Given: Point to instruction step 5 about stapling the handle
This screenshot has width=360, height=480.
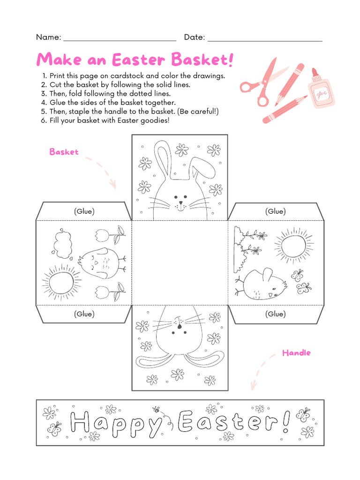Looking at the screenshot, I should (134, 112).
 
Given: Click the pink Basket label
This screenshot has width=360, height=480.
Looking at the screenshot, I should (64, 152).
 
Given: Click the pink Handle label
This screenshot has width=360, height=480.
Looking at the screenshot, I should (296, 352).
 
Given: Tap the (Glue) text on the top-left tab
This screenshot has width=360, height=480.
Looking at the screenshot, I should (84, 211).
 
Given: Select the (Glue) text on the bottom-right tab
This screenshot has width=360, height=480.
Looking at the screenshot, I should (275, 314).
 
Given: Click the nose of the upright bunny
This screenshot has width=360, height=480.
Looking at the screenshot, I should (180, 204).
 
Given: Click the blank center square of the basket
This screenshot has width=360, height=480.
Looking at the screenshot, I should (180, 262).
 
